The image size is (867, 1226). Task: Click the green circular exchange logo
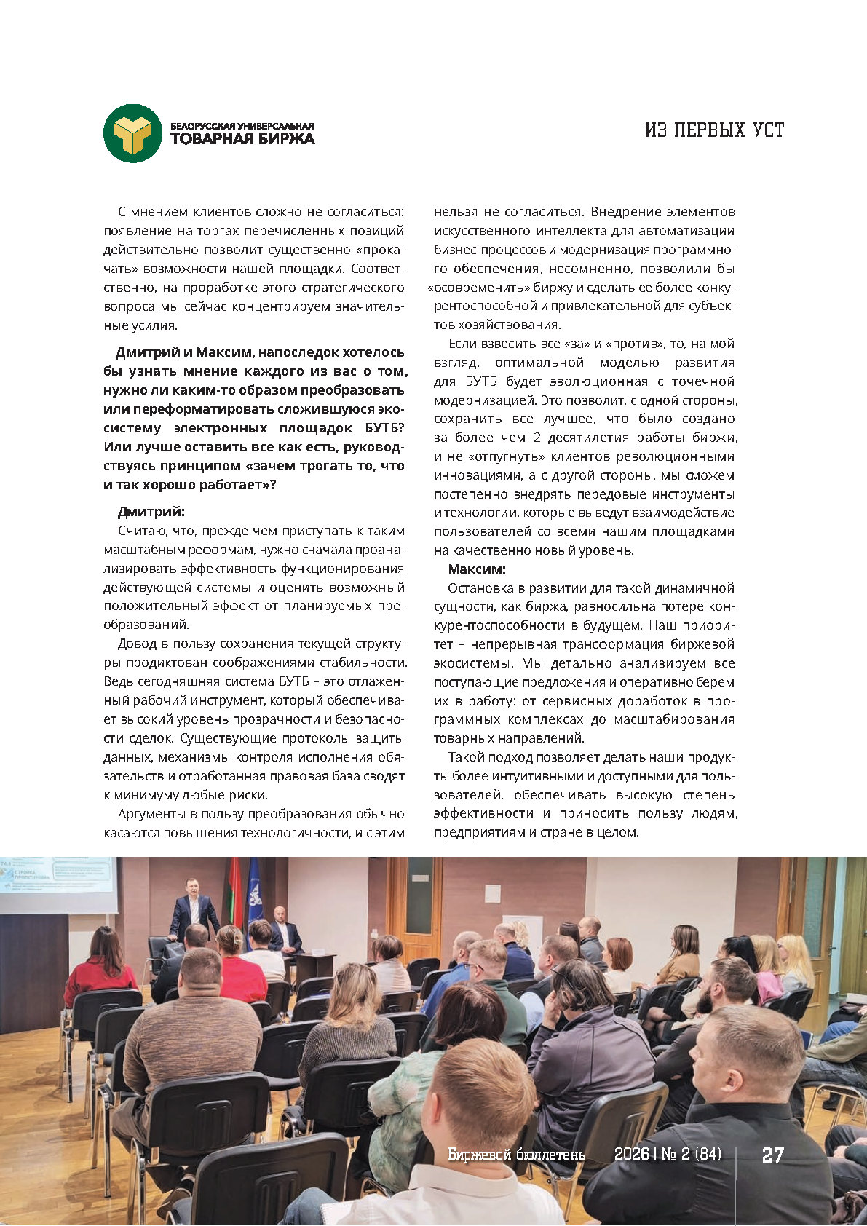tap(132, 133)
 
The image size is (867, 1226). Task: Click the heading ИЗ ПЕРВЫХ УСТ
tap(714, 130)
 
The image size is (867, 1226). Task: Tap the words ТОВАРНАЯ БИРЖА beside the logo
tap(242, 139)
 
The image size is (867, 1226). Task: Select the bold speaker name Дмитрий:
tap(151, 512)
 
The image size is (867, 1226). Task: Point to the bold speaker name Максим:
tap(476, 569)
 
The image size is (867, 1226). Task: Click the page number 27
tap(772, 1155)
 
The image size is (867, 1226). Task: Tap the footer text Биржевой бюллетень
tap(516, 1155)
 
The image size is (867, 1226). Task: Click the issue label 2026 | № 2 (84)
tap(668, 1155)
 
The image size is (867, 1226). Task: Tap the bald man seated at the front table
tap(285, 931)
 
